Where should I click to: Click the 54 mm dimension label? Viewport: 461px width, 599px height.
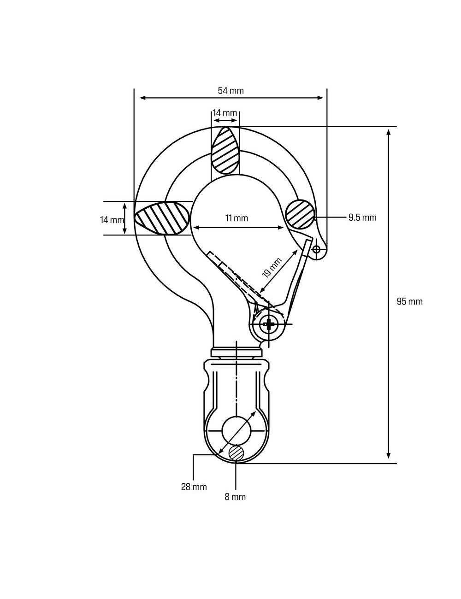(x=230, y=91)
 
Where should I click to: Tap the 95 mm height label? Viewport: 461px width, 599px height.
(x=409, y=302)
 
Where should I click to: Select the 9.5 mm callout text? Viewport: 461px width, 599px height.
(x=362, y=217)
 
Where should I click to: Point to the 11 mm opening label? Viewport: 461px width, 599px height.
(x=236, y=218)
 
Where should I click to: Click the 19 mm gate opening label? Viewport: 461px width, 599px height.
(x=272, y=268)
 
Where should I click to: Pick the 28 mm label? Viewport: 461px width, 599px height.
(x=194, y=487)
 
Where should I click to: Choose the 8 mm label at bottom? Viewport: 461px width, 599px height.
(x=236, y=497)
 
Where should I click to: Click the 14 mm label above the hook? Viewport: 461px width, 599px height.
(x=225, y=113)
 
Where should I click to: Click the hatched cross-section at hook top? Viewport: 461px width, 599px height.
(x=225, y=150)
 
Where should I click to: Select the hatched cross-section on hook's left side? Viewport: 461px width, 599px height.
(x=162, y=218)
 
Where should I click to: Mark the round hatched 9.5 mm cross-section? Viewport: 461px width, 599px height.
(x=300, y=214)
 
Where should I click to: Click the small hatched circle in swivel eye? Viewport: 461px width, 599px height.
(x=236, y=452)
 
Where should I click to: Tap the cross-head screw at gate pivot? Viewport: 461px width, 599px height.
(x=269, y=324)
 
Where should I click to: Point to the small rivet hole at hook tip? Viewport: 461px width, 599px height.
(x=316, y=249)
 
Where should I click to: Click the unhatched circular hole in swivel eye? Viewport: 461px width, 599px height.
(x=236, y=430)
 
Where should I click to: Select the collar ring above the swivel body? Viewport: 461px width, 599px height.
(x=236, y=353)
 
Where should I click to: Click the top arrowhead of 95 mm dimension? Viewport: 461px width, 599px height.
(x=389, y=132)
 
